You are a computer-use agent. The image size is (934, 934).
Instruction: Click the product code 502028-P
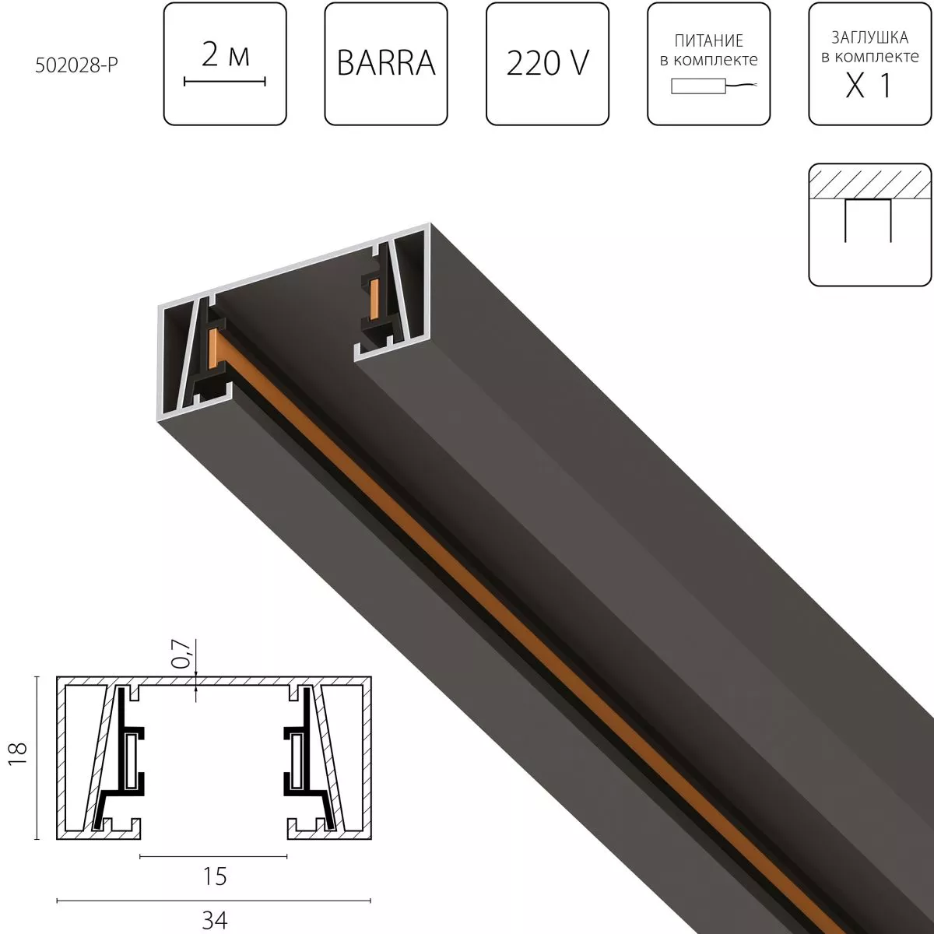click(x=76, y=66)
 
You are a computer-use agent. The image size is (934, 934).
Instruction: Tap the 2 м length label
click(x=225, y=55)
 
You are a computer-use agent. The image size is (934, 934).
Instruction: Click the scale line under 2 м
click(x=225, y=81)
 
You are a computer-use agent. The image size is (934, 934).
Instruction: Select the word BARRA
click(x=386, y=63)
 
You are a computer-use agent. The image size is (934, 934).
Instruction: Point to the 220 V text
click(x=547, y=63)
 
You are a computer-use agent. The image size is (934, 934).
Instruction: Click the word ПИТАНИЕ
click(x=708, y=40)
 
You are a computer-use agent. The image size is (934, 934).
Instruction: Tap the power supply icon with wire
click(x=708, y=87)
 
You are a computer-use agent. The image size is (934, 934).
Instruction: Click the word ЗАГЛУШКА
click(x=869, y=37)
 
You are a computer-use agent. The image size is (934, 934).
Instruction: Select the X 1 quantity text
click(x=869, y=86)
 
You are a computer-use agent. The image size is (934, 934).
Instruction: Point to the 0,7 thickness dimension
click(x=181, y=654)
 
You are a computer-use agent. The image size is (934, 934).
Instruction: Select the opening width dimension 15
click(x=214, y=876)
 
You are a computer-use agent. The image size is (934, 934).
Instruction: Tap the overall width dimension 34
click(x=214, y=920)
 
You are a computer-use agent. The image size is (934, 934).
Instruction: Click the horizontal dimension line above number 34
click(x=214, y=901)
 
